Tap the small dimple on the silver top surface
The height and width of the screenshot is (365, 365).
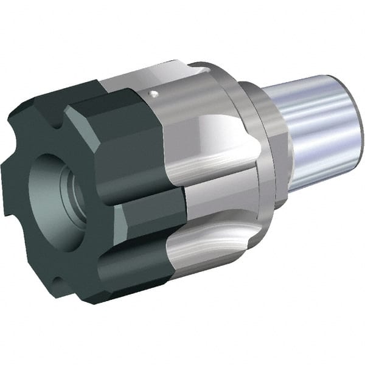point(155,93)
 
